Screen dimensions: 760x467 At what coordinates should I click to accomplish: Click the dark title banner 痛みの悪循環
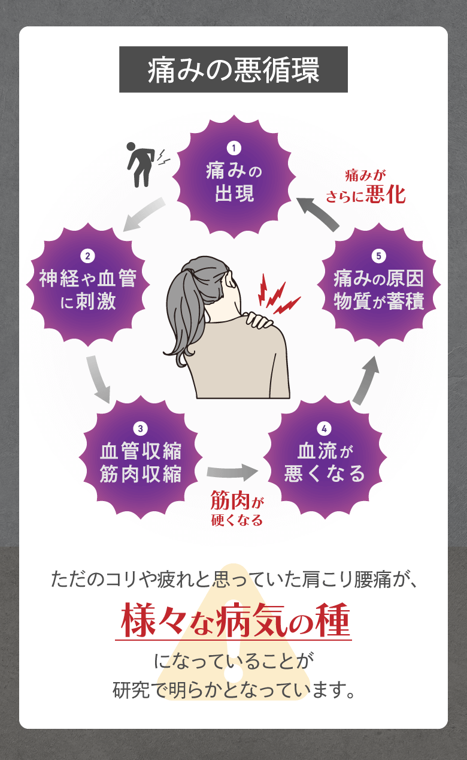[233, 70]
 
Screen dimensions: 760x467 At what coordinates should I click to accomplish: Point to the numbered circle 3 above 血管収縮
[140, 428]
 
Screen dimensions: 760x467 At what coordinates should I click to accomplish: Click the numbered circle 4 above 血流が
[324, 428]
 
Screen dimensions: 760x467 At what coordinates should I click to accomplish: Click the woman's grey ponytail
[186, 312]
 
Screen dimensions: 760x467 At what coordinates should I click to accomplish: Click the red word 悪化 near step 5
[386, 195]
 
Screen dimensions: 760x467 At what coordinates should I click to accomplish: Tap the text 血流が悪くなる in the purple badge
[324, 462]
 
